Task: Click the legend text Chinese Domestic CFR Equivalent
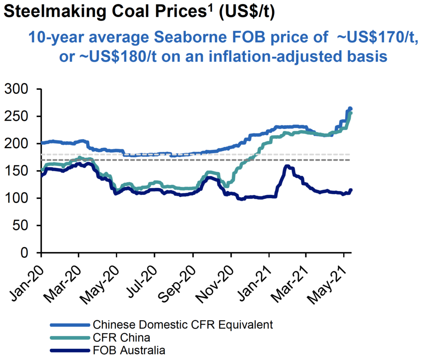(x=183, y=325)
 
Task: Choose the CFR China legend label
(x=122, y=338)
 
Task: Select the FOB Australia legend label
(x=129, y=351)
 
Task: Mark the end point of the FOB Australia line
(x=351, y=190)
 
